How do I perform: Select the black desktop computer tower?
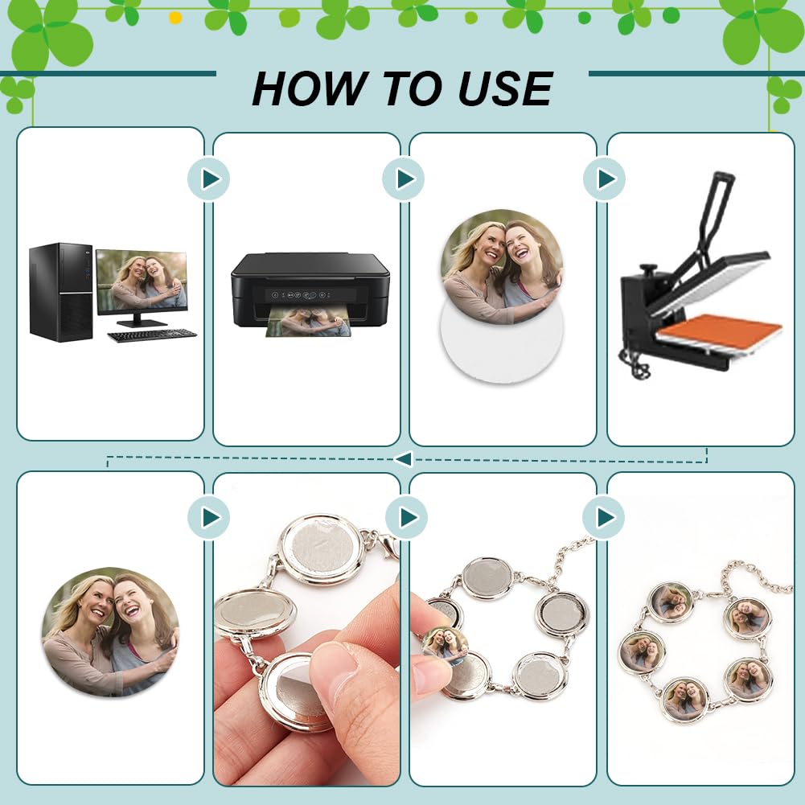point(60,292)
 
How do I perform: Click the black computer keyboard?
point(152,335)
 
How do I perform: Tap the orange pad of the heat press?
point(724,331)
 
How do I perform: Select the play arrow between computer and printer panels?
point(209,179)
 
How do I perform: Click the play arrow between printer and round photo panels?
point(405,179)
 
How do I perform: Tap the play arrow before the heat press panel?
point(604,179)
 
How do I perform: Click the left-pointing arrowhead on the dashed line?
point(403,459)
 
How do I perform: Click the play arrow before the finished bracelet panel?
point(604,517)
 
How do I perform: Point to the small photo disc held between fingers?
point(445,643)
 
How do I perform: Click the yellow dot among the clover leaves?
point(175,17)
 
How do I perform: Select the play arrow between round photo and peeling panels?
point(209,517)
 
